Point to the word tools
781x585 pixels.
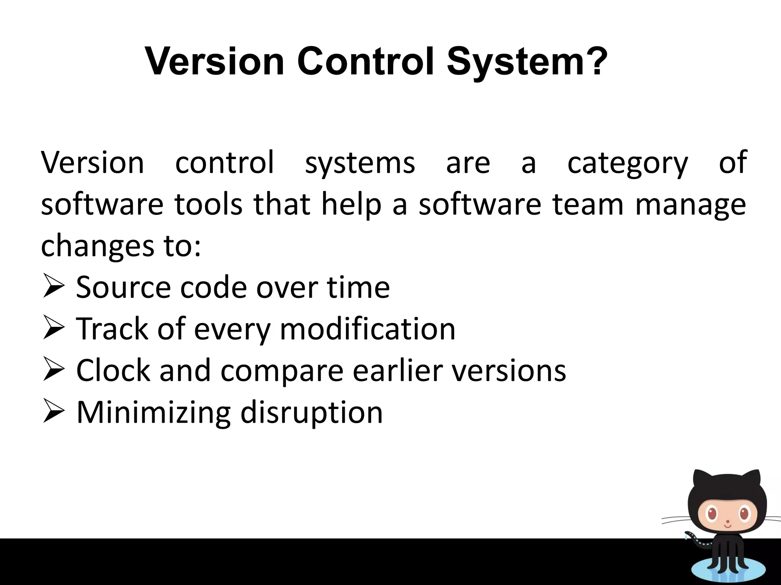(208, 204)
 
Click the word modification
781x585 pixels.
(368, 329)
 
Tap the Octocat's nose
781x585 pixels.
(728, 521)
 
